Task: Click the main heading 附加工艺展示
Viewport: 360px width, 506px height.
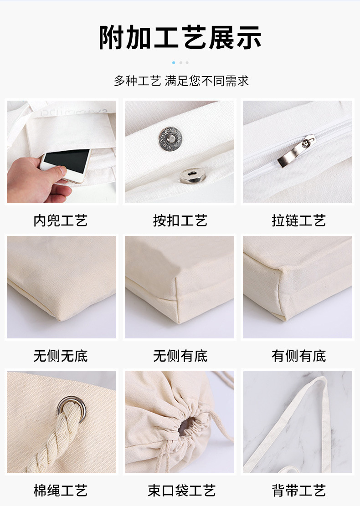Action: click(x=180, y=37)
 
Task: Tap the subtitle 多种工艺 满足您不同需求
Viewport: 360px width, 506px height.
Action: click(x=181, y=81)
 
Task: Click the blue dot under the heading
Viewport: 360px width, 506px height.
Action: click(x=174, y=62)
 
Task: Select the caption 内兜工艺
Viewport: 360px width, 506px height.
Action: click(x=61, y=221)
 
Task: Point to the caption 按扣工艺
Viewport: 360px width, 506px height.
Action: click(x=180, y=221)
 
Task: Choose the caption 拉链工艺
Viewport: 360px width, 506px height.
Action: click(x=298, y=221)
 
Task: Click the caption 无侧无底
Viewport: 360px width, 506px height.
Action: click(x=61, y=356)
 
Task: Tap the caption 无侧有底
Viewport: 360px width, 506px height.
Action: click(x=180, y=356)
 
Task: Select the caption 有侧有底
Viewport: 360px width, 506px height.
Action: click(x=298, y=356)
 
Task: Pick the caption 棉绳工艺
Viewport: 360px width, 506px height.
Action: click(x=61, y=491)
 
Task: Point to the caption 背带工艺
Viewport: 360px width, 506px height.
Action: click(x=298, y=491)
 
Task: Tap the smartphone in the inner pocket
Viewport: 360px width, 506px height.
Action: click(x=66, y=163)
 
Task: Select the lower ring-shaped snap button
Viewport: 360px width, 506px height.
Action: click(x=190, y=175)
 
